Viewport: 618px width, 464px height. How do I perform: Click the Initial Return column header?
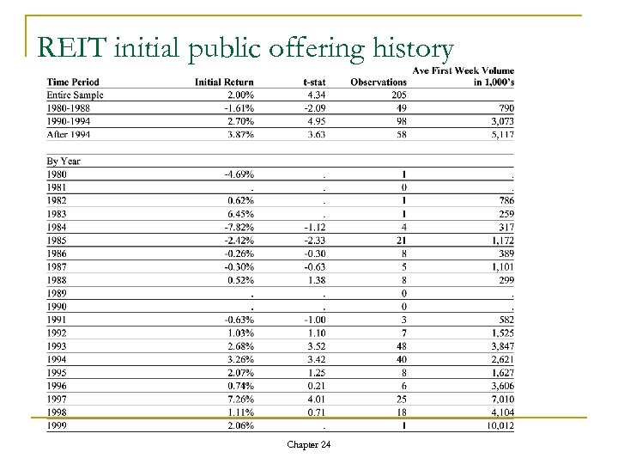(225, 82)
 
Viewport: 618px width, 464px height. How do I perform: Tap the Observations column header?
(379, 82)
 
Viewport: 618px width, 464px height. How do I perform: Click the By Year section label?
(64, 161)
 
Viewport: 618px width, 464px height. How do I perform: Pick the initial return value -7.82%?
(237, 227)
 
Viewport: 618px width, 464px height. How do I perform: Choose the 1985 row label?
(56, 241)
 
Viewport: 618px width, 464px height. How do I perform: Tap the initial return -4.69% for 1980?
(237, 174)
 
